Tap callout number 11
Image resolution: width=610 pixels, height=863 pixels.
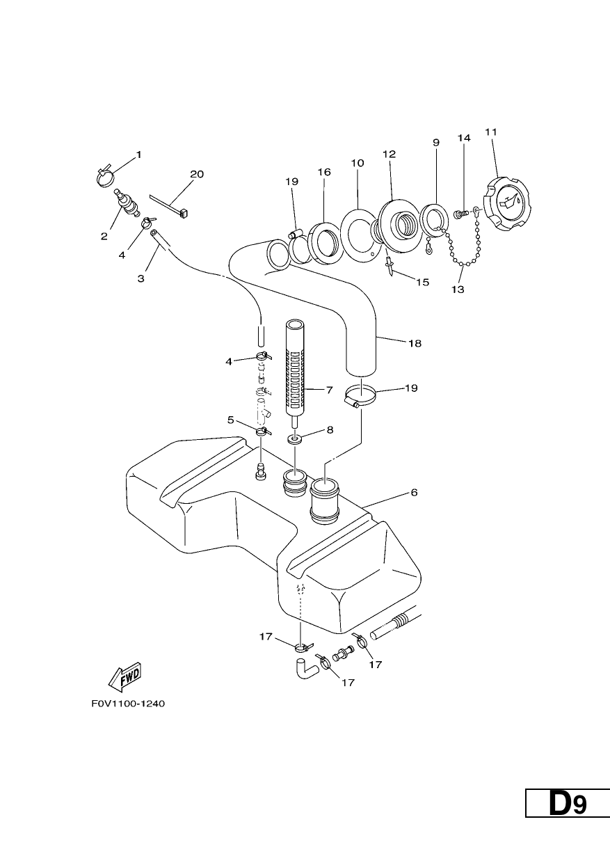[491, 132]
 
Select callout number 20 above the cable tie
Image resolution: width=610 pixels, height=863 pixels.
[197, 174]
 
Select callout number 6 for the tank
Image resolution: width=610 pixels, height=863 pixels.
[414, 492]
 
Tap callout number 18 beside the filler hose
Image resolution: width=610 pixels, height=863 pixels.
[415, 343]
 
